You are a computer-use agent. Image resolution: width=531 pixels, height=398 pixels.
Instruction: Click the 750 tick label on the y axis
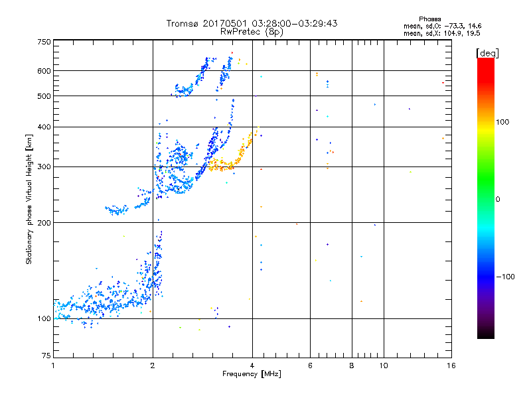pyautogui.click(x=44, y=41)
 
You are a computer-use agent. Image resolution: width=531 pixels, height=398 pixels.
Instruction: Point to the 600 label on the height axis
pyautogui.click(x=44, y=71)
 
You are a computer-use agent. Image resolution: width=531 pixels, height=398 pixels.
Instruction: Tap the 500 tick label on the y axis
pyautogui.click(x=44, y=96)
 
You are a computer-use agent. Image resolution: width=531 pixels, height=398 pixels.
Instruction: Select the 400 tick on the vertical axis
pyautogui.click(x=44, y=127)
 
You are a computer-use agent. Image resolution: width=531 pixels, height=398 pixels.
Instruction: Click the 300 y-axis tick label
pyautogui.click(x=44, y=166)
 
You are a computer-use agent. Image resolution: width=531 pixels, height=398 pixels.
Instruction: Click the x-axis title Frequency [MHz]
pyautogui.click(x=252, y=375)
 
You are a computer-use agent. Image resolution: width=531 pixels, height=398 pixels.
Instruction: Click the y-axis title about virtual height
pyautogui.click(x=29, y=199)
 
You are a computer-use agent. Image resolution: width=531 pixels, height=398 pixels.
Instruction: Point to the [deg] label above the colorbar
pyautogui.click(x=488, y=52)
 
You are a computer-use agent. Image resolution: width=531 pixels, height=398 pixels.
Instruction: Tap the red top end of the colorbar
pyautogui.click(x=485, y=61)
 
